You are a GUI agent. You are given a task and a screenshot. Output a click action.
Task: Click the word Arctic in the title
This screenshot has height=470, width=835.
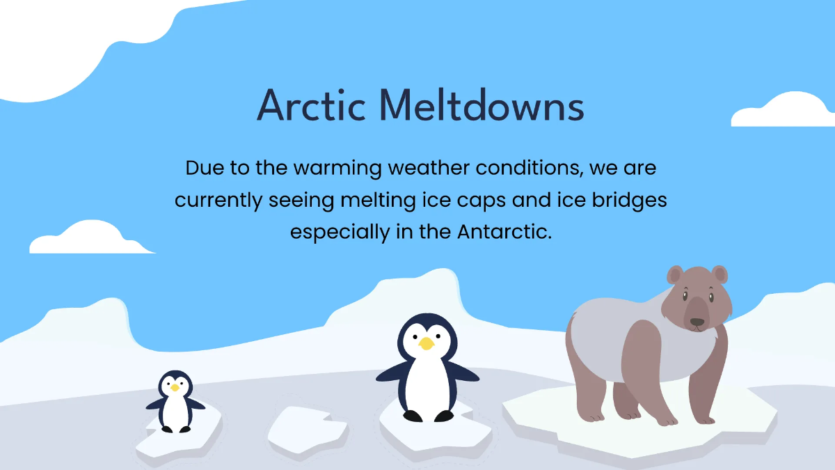click(311, 105)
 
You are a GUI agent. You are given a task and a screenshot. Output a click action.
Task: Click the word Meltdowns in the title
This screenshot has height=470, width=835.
click(482, 105)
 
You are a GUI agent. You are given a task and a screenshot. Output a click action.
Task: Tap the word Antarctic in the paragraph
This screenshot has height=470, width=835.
click(504, 232)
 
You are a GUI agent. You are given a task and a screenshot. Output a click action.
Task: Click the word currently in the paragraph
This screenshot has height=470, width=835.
click(218, 201)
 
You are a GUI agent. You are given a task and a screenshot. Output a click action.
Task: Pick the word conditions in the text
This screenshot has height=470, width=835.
click(530, 169)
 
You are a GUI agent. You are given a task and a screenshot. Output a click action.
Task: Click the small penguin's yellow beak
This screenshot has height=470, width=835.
click(175, 388)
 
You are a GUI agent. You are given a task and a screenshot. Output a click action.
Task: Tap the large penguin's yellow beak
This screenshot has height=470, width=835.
click(427, 343)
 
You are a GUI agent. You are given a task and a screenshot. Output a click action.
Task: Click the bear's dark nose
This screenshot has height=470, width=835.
click(697, 322)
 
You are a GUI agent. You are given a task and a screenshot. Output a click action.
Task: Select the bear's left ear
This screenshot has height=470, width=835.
click(674, 275)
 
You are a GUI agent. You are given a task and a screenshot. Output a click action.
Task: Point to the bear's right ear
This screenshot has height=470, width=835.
click(719, 274)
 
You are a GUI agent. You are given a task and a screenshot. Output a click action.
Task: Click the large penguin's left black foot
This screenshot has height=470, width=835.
click(413, 416)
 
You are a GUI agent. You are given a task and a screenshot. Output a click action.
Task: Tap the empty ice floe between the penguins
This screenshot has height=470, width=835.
click(308, 430)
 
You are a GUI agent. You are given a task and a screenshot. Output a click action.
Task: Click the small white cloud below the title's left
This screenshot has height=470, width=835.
click(91, 237)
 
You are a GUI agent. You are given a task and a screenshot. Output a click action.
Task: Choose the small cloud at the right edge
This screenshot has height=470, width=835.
click(783, 109)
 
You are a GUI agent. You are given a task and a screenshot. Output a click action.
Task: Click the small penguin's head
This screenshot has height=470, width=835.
click(175, 385)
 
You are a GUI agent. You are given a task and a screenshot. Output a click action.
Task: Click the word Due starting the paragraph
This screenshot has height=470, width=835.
click(205, 169)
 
